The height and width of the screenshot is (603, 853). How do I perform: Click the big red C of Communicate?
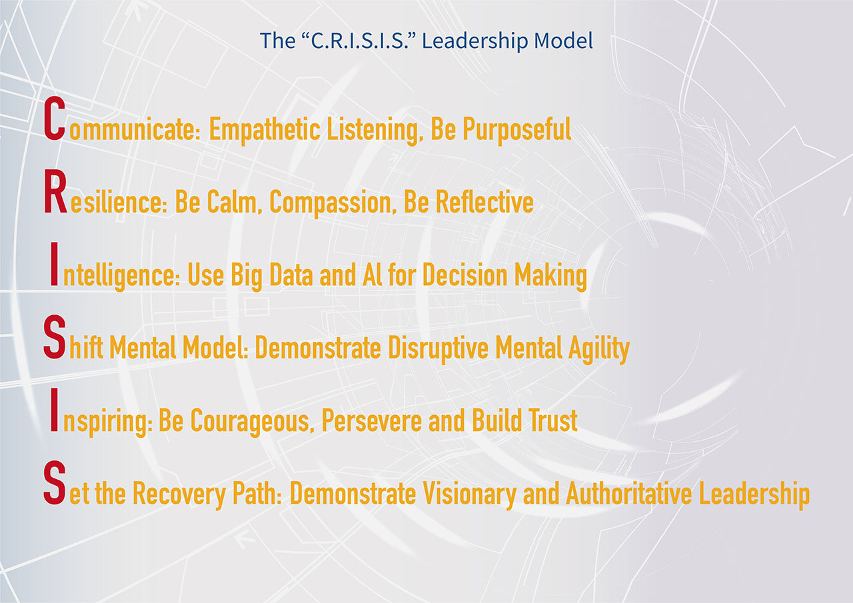pos(55,119)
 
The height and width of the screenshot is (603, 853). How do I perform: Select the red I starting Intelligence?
pos(54,264)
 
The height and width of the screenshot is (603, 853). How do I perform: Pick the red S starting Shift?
pos(55,336)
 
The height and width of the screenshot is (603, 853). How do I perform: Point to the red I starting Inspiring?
pos(54,410)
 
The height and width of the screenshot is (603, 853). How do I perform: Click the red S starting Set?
pos(55,482)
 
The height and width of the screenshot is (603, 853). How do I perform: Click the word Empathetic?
pos(265,130)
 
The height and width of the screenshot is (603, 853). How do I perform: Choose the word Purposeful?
pos(516,130)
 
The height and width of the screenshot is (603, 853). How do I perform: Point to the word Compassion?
pos(330,203)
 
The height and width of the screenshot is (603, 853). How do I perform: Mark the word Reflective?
pos(484,202)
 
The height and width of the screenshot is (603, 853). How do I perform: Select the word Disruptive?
pos(438,349)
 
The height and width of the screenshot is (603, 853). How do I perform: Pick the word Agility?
pos(599,349)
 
